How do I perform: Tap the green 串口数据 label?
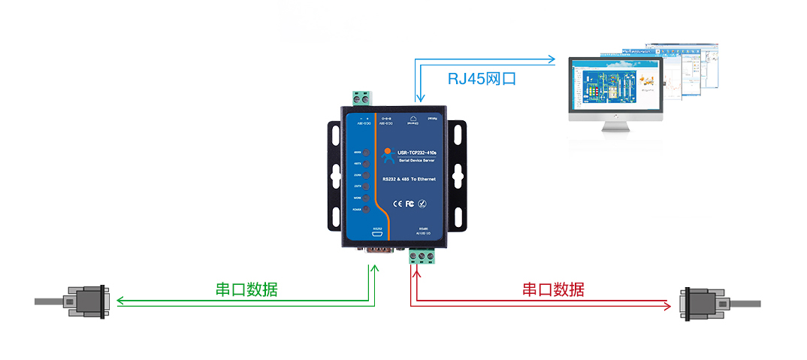(246, 289)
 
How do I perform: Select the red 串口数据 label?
(553, 289)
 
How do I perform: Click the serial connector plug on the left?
(86, 301)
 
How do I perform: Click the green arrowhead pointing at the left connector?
(121, 302)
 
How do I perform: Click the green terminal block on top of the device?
(361, 98)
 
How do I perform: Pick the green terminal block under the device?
(424, 257)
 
